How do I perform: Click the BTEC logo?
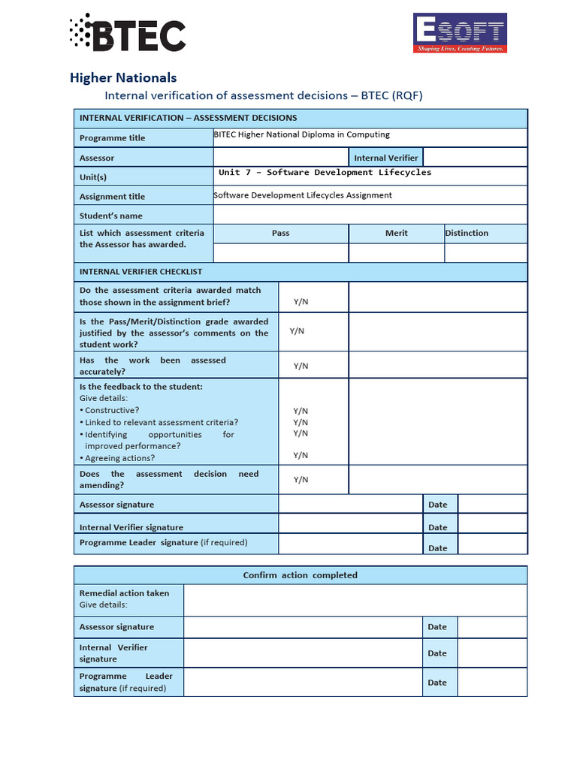coord(127,34)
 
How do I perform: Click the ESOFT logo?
coord(460,33)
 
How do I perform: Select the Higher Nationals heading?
coord(123,77)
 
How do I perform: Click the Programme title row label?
coord(113,138)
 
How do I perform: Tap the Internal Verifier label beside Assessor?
coord(385,158)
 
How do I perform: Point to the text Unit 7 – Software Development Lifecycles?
coord(325,173)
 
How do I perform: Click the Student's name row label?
coord(111,216)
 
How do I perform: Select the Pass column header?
coord(280,234)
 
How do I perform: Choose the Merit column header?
coord(396,234)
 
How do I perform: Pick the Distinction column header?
coord(467,234)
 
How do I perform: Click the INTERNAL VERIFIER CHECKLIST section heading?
coord(140,272)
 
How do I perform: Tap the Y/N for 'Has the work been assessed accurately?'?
coord(301,366)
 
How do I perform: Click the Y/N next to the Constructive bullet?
coord(301,411)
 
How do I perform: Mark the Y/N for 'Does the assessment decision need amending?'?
coord(301,480)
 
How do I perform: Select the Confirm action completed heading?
coord(300,575)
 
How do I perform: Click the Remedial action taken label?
coord(125,593)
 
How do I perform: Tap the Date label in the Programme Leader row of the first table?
coord(437,548)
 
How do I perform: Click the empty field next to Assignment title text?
coord(458,195)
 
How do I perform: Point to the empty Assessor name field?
coord(280,158)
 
